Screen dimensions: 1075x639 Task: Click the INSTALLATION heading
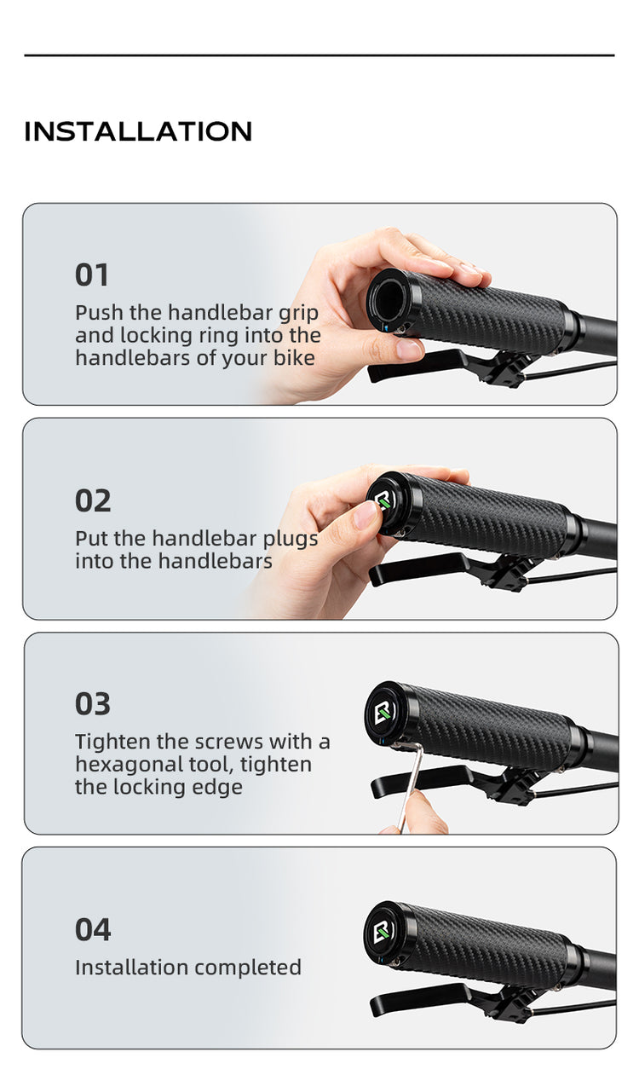[138, 132]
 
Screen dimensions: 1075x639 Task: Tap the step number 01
[92, 275]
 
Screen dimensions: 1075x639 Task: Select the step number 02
[93, 501]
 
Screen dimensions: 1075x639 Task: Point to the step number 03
[93, 704]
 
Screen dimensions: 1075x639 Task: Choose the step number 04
[93, 929]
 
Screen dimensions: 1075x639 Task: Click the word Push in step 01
[100, 313]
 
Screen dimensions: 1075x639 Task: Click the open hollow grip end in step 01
[389, 298]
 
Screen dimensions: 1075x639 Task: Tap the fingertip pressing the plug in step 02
[365, 515]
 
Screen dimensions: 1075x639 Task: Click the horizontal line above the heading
[319, 55]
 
